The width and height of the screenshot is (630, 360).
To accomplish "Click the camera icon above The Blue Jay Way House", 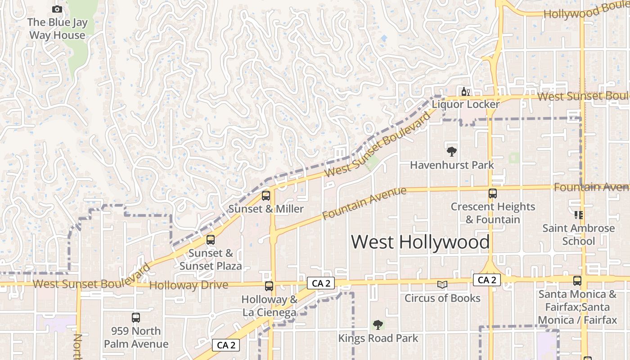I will click(57, 9).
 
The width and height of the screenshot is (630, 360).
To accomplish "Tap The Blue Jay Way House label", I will click(57, 29).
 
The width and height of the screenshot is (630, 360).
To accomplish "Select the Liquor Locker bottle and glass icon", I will click(465, 92).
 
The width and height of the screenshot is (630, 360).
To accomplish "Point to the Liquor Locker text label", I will click(466, 104).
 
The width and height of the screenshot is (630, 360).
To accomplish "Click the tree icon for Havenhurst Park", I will click(451, 152).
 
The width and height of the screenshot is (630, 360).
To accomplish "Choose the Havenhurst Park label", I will click(452, 165).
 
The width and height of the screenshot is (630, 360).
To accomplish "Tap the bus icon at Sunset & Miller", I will click(266, 196).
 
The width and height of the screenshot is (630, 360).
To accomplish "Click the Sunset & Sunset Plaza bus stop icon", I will click(211, 240).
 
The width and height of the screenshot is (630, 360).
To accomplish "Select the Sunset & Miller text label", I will click(266, 209).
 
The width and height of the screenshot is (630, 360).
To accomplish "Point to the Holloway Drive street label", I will click(189, 285).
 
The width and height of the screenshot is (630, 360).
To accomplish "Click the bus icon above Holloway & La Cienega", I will click(269, 286).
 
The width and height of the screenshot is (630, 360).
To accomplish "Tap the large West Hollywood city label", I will click(420, 242).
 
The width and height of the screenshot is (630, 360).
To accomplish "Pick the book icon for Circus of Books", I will click(442, 284).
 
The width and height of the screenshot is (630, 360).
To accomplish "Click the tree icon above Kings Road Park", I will click(378, 324).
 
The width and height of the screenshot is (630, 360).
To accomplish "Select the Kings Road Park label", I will click(378, 338).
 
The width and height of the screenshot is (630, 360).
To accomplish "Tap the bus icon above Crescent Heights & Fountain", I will click(493, 193).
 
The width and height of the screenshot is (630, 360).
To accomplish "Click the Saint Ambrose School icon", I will click(578, 215).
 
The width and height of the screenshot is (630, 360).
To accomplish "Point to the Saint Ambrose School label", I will click(578, 234).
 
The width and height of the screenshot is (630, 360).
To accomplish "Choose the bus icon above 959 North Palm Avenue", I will click(136, 318).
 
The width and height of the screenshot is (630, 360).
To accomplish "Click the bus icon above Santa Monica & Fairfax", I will click(577, 281).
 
